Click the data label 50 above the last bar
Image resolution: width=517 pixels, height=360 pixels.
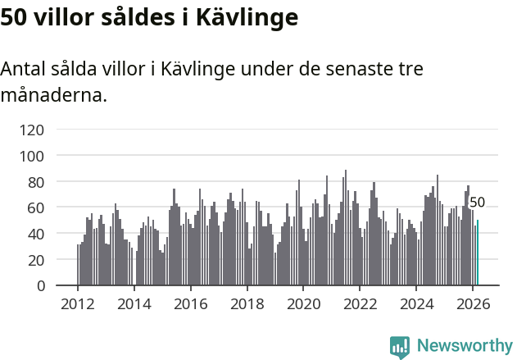[477, 203]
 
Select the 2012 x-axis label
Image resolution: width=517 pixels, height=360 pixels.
[78, 303]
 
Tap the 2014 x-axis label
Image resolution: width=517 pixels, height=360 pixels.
[134, 303]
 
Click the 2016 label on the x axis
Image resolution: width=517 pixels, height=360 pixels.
[190, 303]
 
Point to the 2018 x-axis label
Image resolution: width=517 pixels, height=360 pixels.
[247, 303]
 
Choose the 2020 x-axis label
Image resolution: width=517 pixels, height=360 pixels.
[303, 303]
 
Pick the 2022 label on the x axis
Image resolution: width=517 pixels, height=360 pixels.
[360, 303]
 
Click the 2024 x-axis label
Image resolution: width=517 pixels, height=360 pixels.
[416, 303]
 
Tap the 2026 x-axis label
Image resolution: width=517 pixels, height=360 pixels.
[473, 303]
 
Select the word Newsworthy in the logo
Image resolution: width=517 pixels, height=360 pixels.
[464, 346]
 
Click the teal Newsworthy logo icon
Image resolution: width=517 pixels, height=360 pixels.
[400, 347]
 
